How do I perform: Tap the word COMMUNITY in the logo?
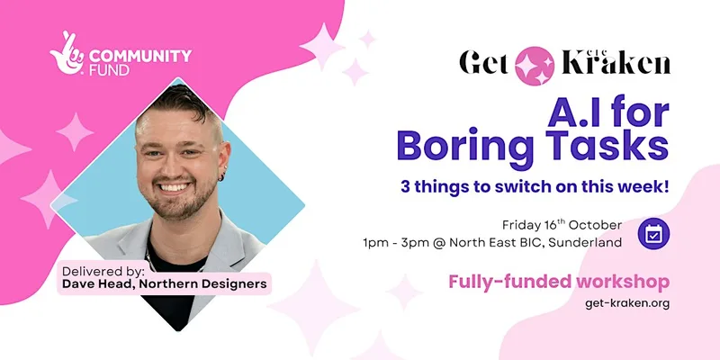pos(140,56)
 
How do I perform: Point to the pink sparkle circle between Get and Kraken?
pos(535,66)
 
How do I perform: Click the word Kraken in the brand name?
pos(616,63)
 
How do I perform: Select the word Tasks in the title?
pos(607,145)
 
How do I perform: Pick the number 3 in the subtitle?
pos(405,187)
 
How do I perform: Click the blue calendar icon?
pos(653,234)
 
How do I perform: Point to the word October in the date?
pos(595,226)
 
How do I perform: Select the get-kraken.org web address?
pos(627,303)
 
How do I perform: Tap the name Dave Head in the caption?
pos(98,284)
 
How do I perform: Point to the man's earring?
pos(222,176)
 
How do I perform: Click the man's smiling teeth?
pos(174,187)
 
